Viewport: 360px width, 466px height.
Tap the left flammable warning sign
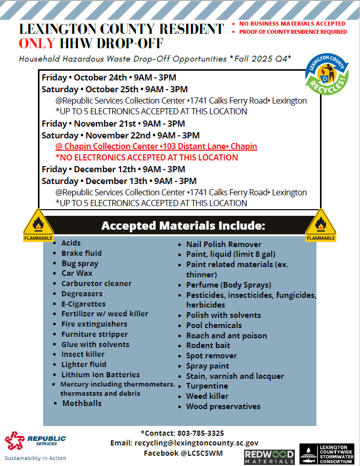38,226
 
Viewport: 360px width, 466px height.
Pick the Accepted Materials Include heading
183,226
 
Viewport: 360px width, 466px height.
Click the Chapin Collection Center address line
156,147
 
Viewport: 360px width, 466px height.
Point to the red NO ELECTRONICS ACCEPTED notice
147,157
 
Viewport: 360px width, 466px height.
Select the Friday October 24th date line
109,78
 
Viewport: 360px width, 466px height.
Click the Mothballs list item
82,403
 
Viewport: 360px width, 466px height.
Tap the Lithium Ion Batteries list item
101,375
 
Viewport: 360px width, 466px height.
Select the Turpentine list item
207,386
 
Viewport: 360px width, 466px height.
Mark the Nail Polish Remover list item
224,245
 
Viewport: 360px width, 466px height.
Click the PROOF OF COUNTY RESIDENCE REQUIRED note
293,32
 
